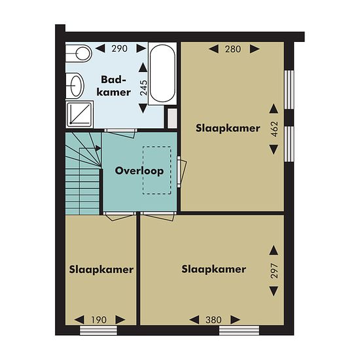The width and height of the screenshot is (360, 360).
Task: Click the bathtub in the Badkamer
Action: click(162, 73)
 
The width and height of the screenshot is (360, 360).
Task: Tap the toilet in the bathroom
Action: click(79, 53)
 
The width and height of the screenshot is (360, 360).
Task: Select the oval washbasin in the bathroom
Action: click(75, 86)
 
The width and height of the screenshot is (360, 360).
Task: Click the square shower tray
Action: click(80, 114)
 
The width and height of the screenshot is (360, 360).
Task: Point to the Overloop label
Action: click(139, 171)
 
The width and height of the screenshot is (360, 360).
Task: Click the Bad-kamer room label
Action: click(114, 86)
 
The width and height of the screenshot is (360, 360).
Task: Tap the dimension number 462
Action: click(274, 129)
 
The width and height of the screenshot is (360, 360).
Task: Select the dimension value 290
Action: click(119, 48)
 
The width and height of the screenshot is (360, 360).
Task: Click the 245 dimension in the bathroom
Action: click(144, 88)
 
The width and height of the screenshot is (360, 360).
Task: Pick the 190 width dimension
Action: click(99, 320)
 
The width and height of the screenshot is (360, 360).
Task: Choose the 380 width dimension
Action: click(214, 320)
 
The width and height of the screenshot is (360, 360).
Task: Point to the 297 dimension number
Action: click(274, 271)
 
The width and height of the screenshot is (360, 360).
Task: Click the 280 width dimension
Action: click(233, 49)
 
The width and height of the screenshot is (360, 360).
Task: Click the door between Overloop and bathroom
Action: click(121, 133)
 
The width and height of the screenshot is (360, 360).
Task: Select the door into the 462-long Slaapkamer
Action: click(182, 171)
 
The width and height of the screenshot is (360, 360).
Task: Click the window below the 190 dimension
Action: click(98, 331)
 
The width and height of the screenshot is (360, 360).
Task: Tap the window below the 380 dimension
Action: click(239, 331)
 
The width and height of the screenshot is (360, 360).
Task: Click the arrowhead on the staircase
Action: click(98, 149)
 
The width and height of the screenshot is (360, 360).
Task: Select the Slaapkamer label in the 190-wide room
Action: click(101, 270)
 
